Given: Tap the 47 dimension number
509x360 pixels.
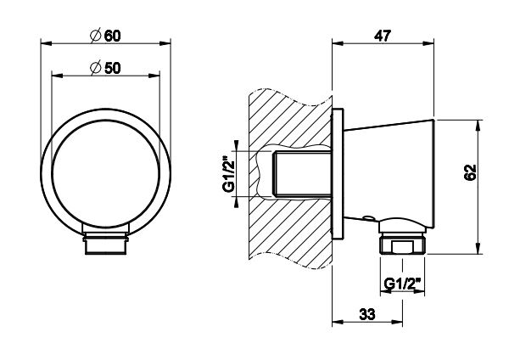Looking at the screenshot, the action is pyautogui.click(x=383, y=36).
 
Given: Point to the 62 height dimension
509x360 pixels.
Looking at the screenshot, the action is pyautogui.click(x=470, y=172).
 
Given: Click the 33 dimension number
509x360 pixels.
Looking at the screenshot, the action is pyautogui.click(x=367, y=314).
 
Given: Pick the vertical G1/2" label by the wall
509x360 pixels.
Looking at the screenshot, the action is pyautogui.click(x=228, y=174).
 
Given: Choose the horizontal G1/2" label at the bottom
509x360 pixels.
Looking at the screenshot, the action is pyautogui.click(x=402, y=284).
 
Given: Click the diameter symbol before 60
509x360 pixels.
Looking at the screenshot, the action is pyautogui.click(x=96, y=35).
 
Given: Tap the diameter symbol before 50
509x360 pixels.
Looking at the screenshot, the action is pyautogui.click(x=96, y=68).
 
